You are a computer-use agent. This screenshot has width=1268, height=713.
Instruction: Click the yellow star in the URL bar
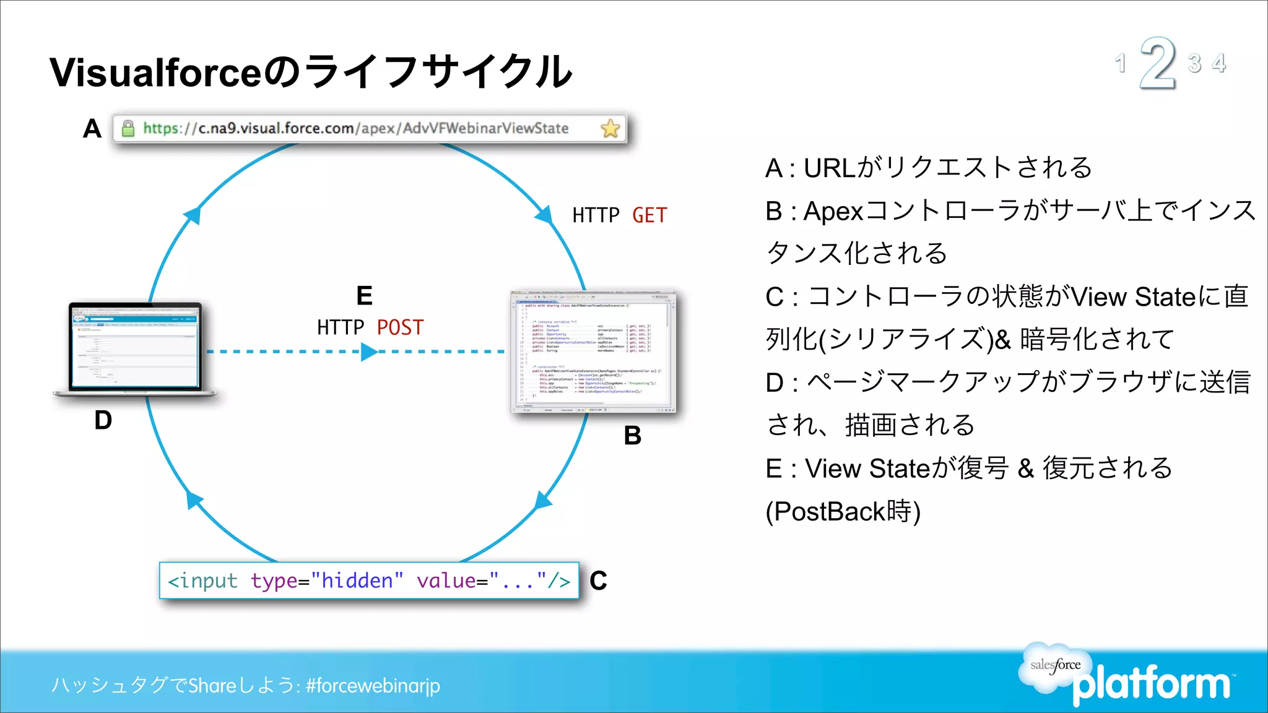610,129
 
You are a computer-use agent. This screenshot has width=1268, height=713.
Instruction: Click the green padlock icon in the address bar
128,128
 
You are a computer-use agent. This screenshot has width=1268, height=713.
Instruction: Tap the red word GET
649,215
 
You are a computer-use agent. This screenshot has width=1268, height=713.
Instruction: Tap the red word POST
400,327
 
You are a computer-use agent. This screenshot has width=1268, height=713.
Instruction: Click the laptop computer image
135,348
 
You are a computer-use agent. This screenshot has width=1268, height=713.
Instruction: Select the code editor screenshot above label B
593,352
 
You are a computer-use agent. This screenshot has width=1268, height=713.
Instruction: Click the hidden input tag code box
369,581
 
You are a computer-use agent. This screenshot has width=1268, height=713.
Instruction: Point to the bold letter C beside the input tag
598,581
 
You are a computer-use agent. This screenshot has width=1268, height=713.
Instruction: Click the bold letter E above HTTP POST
364,296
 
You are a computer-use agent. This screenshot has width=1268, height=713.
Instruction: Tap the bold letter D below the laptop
103,421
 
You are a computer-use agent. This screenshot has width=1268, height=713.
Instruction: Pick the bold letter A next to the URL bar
92,129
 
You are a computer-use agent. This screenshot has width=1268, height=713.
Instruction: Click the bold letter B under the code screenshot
632,436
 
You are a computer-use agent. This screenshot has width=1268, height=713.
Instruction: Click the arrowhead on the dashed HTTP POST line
369,352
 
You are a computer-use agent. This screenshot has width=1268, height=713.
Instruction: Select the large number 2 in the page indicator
1157,63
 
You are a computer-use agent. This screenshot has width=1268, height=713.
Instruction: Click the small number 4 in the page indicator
1218,63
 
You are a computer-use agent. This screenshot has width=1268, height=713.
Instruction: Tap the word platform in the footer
1152,685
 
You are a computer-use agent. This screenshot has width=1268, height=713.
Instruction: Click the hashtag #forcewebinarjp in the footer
373,685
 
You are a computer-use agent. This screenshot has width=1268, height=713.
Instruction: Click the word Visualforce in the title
156,72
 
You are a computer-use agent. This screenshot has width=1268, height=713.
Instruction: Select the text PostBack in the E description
830,512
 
